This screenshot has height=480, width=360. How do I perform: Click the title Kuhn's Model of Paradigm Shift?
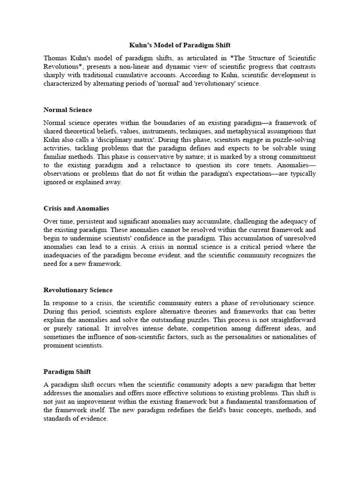[x=180, y=45]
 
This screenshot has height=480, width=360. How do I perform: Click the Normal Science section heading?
[x=67, y=110]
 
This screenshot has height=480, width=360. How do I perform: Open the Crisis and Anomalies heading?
[x=76, y=208]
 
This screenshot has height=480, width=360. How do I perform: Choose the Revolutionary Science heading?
[x=78, y=290]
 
